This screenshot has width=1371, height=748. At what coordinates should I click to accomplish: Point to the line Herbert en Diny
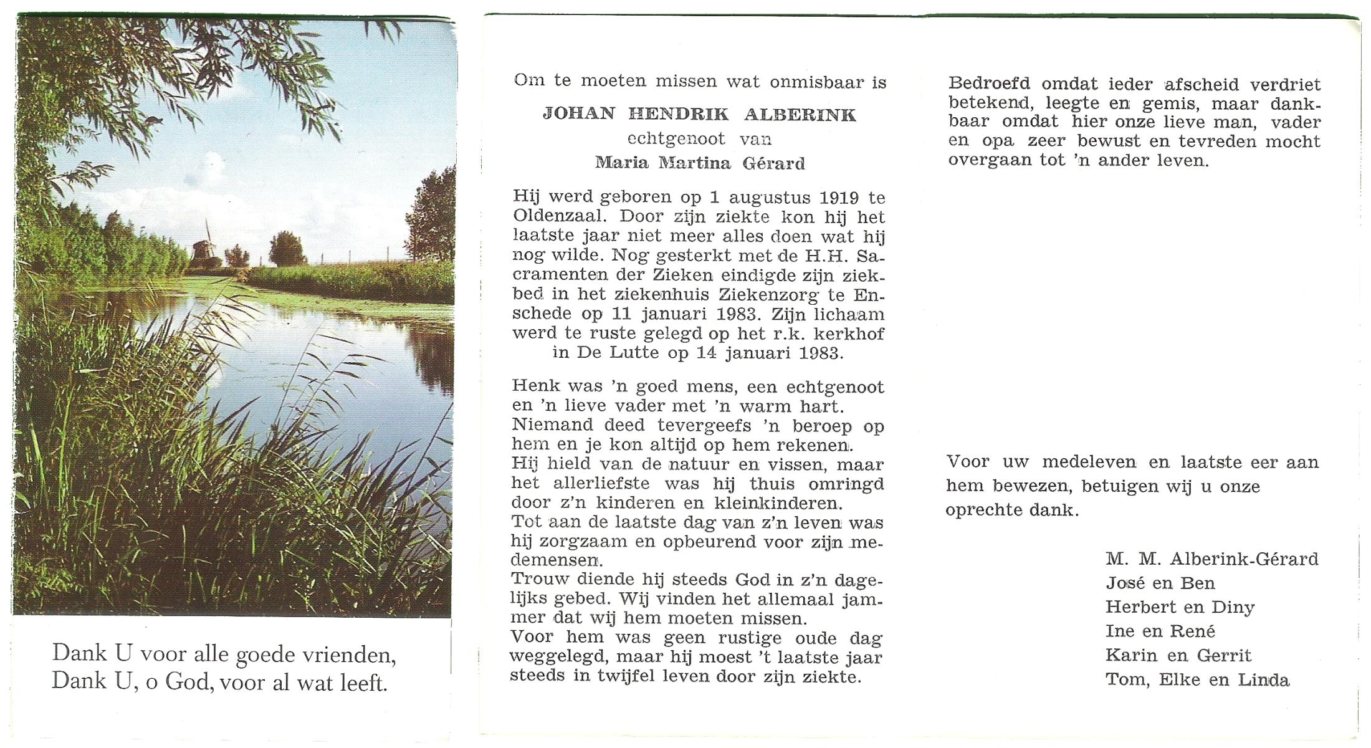pyautogui.click(x=1180, y=607)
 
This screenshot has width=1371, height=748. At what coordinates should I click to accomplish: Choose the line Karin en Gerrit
pyautogui.click(x=1178, y=655)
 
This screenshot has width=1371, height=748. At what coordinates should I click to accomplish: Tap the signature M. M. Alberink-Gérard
pyautogui.click(x=1211, y=559)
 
